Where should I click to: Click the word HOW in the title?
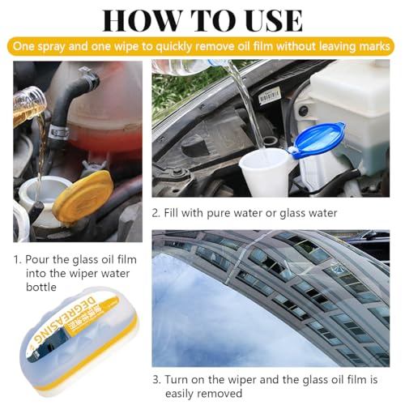tap(139, 19)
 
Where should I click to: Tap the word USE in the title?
tap(266, 19)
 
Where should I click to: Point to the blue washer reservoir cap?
tap(318, 141)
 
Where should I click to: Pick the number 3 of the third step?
tap(156, 379)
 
